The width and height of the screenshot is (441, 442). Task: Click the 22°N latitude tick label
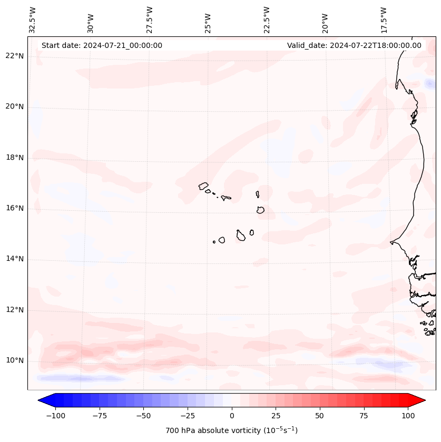click(15, 56)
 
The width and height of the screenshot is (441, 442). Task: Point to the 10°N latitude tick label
click(15, 361)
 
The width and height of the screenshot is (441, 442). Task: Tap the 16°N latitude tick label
click(15, 208)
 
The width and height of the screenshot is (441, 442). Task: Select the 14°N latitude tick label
click(15, 259)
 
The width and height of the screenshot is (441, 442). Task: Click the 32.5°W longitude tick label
click(33, 19)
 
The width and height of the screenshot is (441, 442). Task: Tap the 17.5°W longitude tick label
click(384, 19)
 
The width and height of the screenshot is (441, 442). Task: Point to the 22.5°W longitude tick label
click(267, 19)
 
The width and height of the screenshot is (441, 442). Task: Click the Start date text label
click(102, 45)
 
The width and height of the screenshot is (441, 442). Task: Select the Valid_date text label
click(354, 45)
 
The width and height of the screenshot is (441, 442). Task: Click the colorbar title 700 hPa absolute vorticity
click(232, 430)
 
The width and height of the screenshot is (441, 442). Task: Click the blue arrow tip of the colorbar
click(42, 400)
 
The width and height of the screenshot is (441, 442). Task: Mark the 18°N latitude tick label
click(15, 158)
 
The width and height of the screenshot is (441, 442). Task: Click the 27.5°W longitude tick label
click(150, 19)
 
